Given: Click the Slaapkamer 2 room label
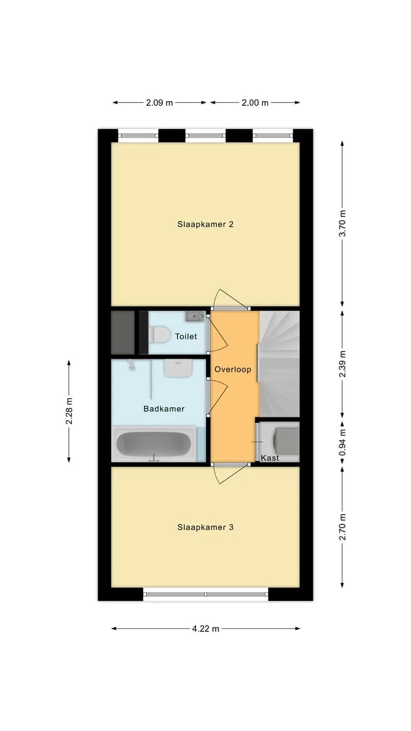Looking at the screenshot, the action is pyautogui.click(x=205, y=224).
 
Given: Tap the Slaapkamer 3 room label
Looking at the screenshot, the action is pyautogui.click(x=205, y=527).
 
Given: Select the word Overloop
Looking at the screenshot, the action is pyautogui.click(x=232, y=369).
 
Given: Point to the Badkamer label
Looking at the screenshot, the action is pyautogui.click(x=164, y=408).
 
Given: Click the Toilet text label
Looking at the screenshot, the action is pyautogui.click(x=186, y=336).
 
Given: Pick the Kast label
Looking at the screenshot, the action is pyautogui.click(x=270, y=458).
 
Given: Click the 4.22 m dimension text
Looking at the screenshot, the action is pyautogui.click(x=205, y=629).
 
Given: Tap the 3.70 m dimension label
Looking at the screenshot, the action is pyautogui.click(x=342, y=223).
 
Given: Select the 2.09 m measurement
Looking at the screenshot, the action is pyautogui.click(x=159, y=103).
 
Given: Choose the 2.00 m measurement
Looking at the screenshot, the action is pyautogui.click(x=255, y=103).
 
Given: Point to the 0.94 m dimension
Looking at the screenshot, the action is pyautogui.click(x=342, y=442).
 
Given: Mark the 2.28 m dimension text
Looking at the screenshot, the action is pyautogui.click(x=69, y=411).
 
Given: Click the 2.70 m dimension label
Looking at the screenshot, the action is pyautogui.click(x=342, y=527).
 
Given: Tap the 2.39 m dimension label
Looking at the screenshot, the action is pyautogui.click(x=342, y=364).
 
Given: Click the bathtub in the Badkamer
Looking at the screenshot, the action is pyautogui.click(x=154, y=444).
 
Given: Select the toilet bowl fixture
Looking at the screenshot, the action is pyautogui.click(x=159, y=335).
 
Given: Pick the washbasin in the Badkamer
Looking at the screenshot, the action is pyautogui.click(x=178, y=368).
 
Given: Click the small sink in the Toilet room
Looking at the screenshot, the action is pyautogui.click(x=195, y=316).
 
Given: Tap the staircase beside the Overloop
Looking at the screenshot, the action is pyautogui.click(x=279, y=364).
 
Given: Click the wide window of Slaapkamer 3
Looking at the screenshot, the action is pyautogui.click(x=205, y=594).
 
